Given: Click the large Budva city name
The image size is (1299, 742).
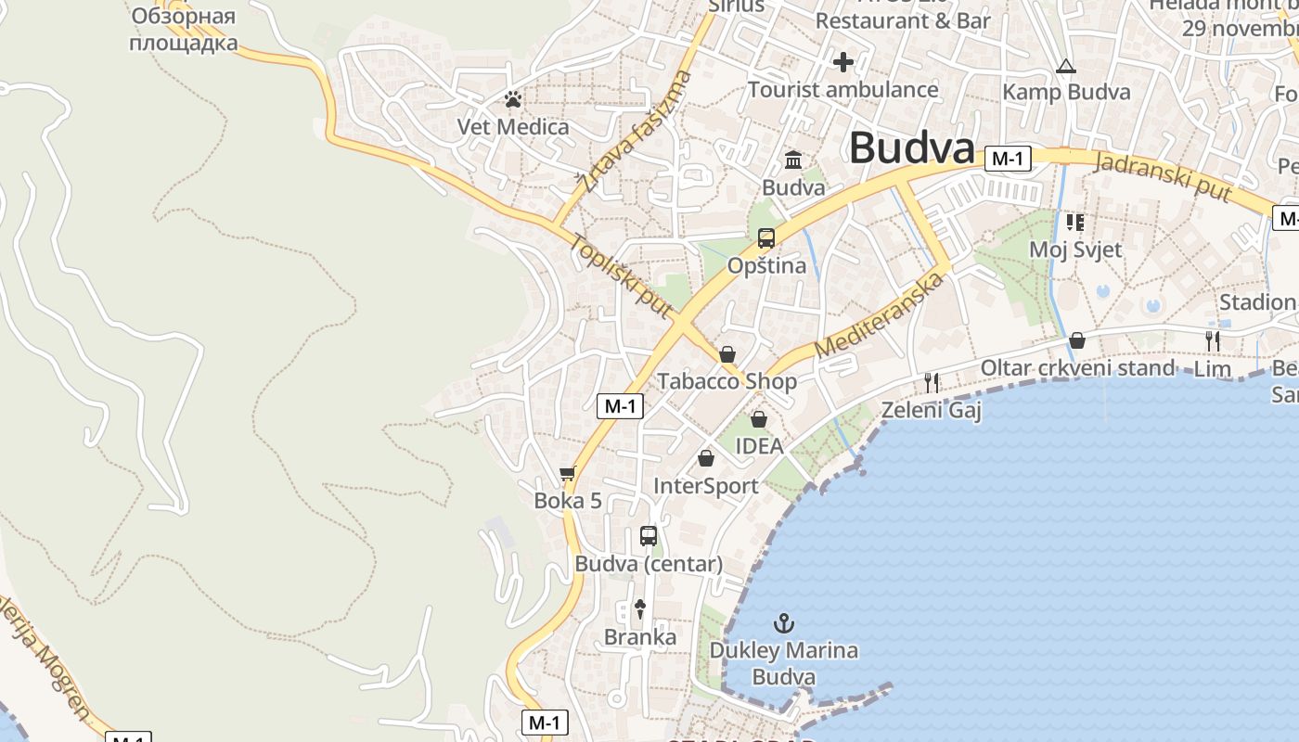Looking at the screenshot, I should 912,148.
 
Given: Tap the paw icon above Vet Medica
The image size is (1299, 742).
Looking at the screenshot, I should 513,99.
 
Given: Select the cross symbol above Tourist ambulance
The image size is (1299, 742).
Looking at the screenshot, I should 842,62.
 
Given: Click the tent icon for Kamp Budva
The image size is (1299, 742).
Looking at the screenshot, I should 1066,67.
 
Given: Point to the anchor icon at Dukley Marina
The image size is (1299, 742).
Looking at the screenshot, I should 784,622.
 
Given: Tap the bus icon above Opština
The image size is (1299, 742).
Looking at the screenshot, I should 766,238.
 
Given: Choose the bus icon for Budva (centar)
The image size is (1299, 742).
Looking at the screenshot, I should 649,536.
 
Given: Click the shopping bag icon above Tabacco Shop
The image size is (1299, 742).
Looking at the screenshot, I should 727,354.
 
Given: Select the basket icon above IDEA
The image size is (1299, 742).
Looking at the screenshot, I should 759,419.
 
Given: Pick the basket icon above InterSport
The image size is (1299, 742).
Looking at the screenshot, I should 706,458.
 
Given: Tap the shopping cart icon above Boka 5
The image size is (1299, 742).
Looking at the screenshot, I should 568,474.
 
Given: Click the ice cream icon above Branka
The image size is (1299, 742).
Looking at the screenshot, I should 640,608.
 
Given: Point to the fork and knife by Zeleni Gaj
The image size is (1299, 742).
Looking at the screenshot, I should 932,382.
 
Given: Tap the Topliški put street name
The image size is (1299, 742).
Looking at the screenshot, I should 621,275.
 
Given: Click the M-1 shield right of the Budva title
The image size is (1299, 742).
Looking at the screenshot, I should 1008,159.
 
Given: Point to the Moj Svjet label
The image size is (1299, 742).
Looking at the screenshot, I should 1075,249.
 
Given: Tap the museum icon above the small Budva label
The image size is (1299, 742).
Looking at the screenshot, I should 793,160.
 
